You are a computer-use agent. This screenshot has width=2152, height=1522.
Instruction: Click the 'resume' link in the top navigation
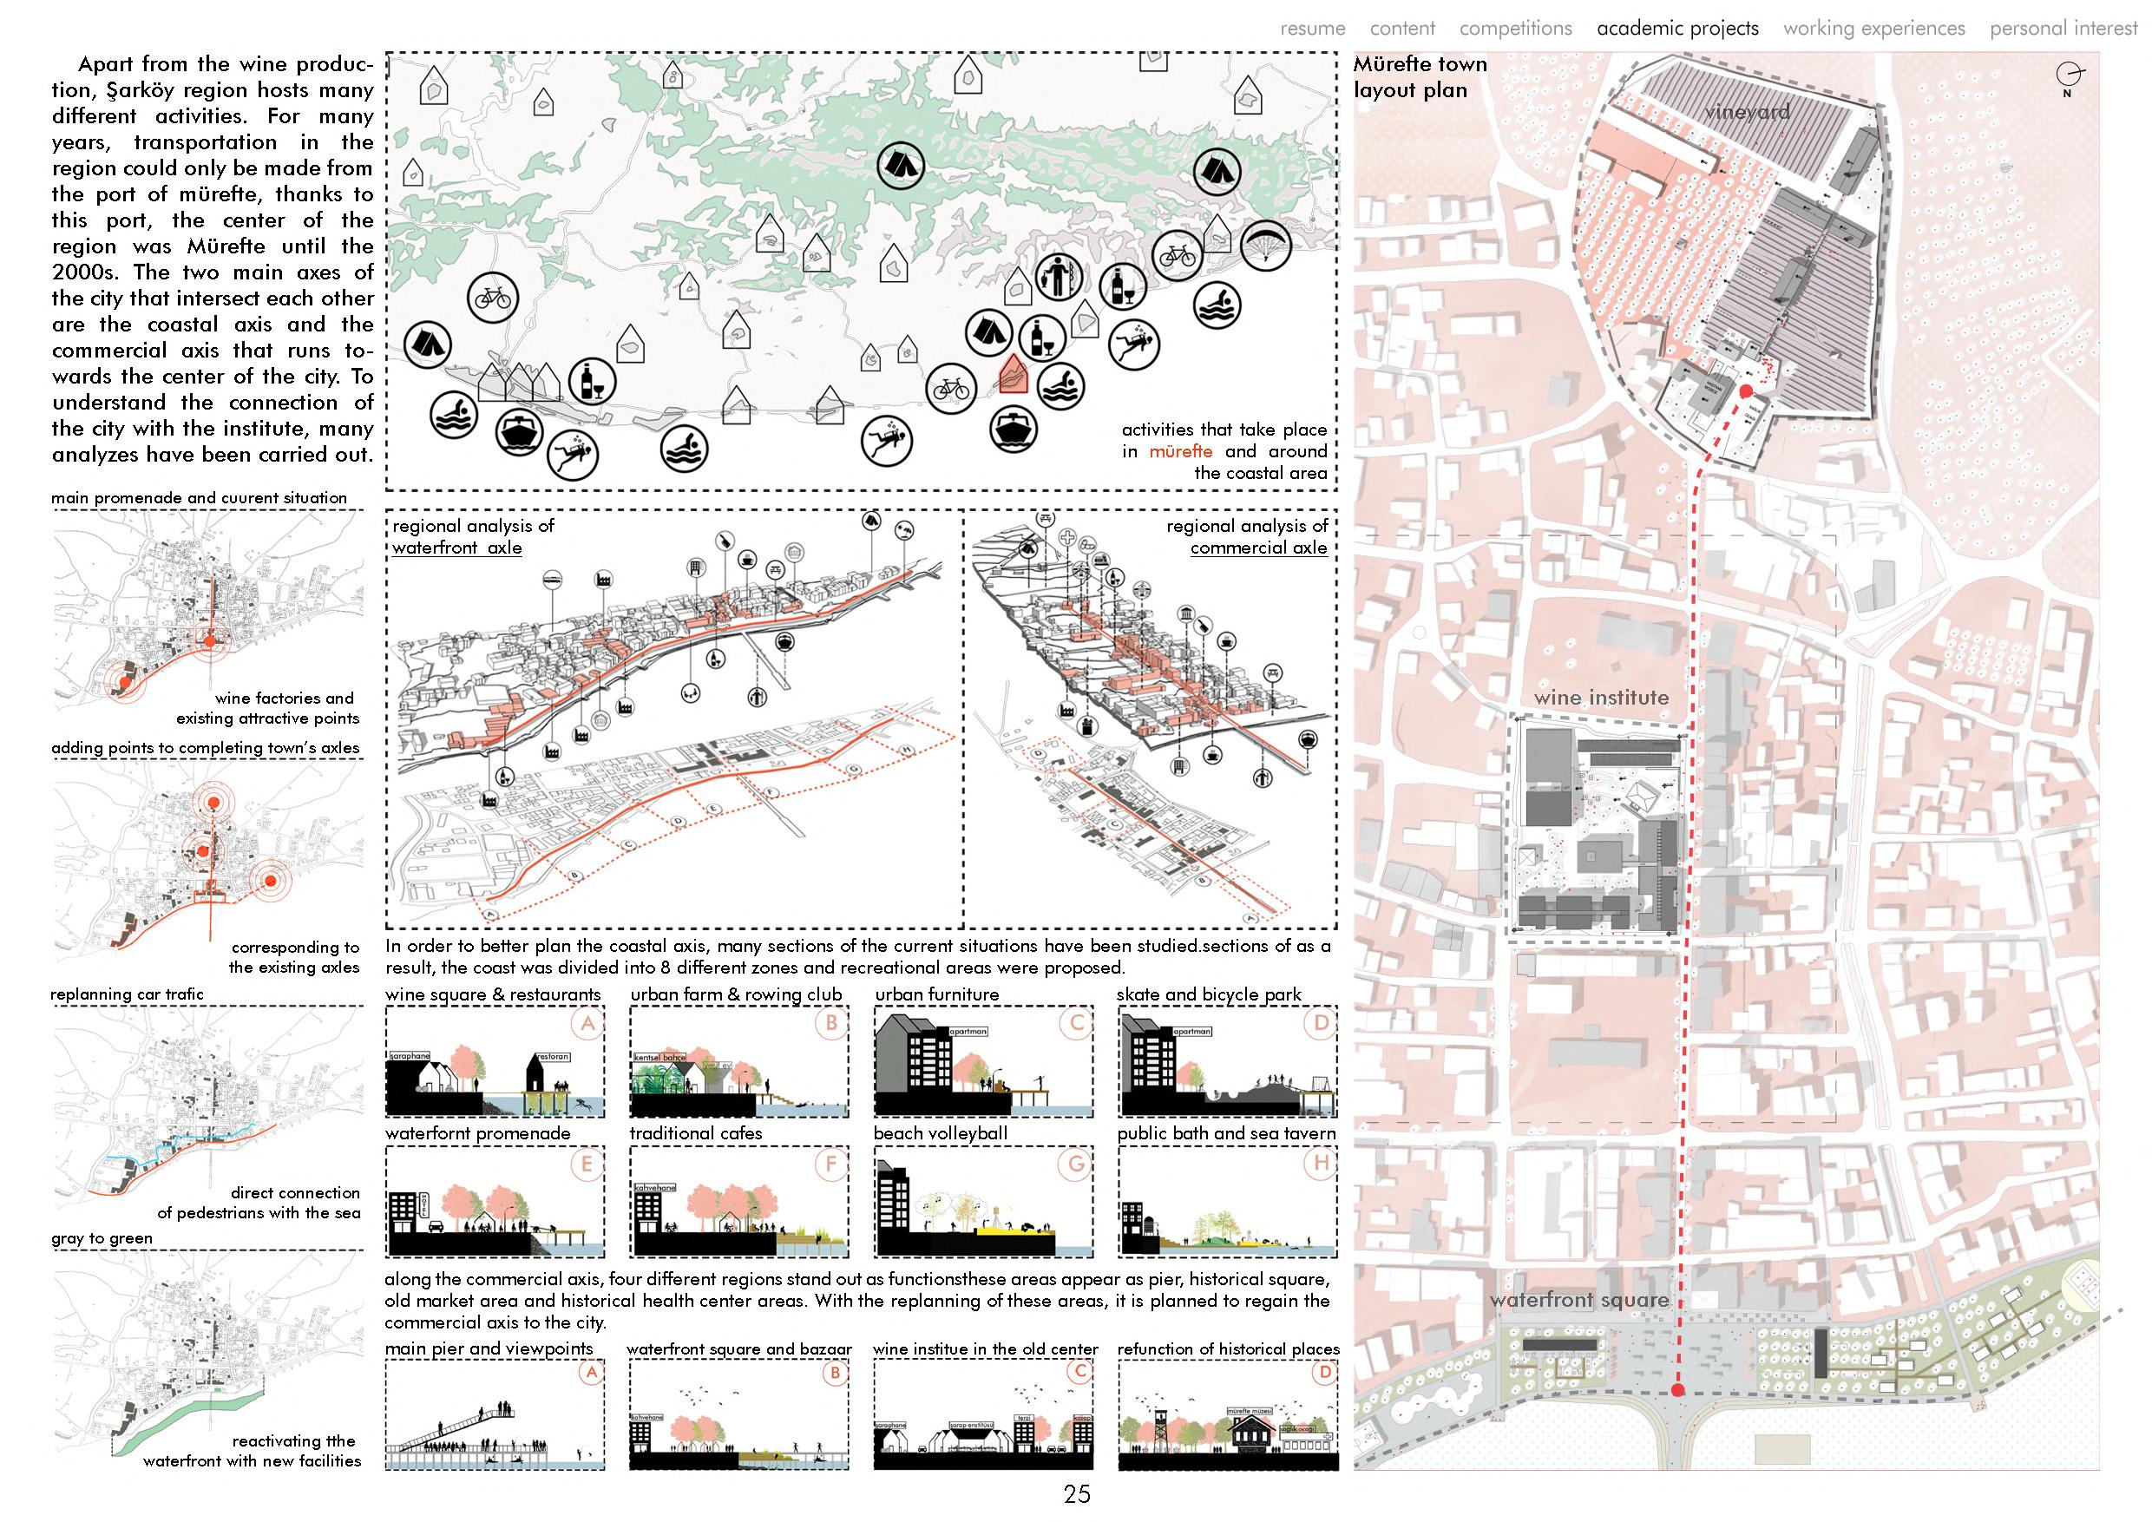[x=1312, y=28]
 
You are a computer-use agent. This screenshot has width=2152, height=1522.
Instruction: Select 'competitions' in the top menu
[x=1516, y=28]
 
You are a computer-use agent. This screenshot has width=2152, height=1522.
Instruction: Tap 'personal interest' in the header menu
[x=2063, y=28]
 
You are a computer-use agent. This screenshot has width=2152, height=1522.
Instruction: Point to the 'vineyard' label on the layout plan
[x=1747, y=113]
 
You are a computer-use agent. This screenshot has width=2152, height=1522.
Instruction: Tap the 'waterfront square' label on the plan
[x=1579, y=1300]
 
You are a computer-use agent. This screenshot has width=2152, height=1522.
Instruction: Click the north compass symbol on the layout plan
[x=2068, y=75]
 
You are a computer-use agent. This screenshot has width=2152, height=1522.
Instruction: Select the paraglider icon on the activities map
[x=1266, y=248]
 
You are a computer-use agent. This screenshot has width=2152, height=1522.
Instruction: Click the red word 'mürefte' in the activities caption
[x=1180, y=452]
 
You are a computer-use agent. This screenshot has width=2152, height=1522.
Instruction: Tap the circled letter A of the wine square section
[x=587, y=1023]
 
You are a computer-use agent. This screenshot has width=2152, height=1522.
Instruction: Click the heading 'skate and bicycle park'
[x=1209, y=994]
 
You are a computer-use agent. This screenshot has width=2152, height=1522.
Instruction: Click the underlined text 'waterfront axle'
[x=456, y=548]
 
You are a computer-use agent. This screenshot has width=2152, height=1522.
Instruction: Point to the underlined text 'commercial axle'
[x=1258, y=548]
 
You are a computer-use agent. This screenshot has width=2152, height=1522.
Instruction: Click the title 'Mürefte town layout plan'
[x=1420, y=77]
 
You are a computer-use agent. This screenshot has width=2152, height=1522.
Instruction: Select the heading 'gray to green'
[x=102, y=1238]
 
